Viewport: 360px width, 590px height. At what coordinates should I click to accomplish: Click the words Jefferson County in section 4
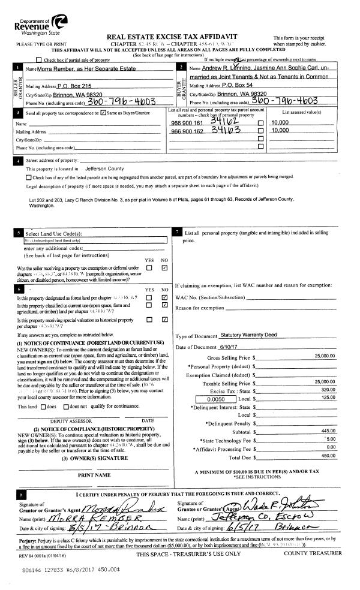pos(104,169)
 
